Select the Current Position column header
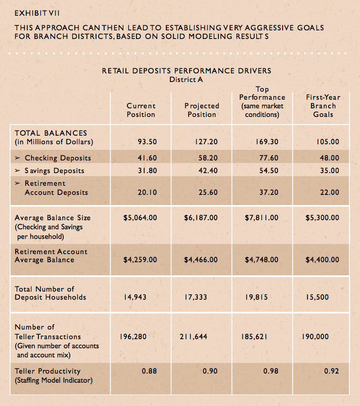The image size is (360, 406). (141, 110)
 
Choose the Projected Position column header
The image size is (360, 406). (202, 110)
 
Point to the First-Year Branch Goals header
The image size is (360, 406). (323, 106)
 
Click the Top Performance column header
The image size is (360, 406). (262, 102)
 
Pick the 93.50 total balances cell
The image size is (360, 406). (146, 142)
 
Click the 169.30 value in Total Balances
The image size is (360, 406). (267, 142)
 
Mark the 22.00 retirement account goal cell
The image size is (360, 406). (329, 192)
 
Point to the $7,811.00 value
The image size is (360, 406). (261, 218)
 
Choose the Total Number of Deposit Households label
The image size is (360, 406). (51, 293)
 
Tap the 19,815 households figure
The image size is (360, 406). (256, 297)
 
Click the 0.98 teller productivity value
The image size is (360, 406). (271, 371)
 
